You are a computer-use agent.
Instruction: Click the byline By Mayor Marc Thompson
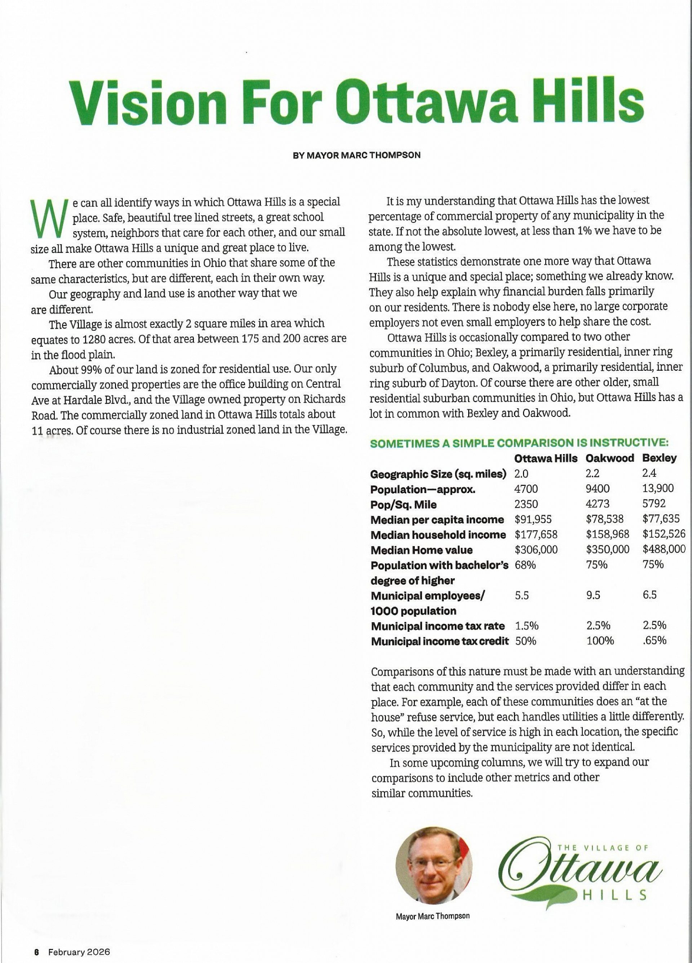(x=357, y=155)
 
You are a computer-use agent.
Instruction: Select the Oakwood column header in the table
(x=610, y=458)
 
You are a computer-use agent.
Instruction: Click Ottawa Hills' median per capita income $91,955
(x=533, y=519)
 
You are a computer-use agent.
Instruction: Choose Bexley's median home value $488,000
(x=664, y=549)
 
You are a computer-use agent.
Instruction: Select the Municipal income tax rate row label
(x=438, y=626)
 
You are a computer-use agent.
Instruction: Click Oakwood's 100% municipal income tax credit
(x=600, y=641)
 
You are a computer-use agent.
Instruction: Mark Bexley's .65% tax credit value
(x=654, y=641)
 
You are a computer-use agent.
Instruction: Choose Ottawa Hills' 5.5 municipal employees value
(x=522, y=595)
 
